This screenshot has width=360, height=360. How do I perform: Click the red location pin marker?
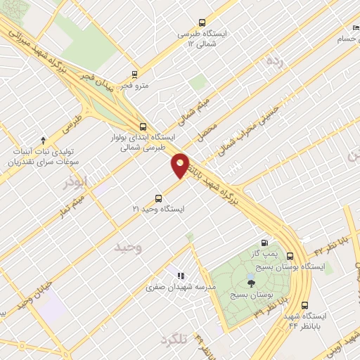coord(180,165)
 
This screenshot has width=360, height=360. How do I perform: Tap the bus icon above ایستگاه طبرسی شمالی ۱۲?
coord(203,22)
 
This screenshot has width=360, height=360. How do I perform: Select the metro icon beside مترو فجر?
coord(135,73)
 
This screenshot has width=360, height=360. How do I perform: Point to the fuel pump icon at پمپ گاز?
coord(264,239)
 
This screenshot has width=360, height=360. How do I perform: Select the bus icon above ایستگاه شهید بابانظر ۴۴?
coord(304,306)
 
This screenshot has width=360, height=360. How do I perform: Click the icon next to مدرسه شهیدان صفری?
coord(180,276)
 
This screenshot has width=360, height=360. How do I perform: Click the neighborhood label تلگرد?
coord(174,340)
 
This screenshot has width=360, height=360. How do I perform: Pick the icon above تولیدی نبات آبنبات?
coord(43,140)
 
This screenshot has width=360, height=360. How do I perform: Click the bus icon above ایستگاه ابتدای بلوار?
coord(143,127)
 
